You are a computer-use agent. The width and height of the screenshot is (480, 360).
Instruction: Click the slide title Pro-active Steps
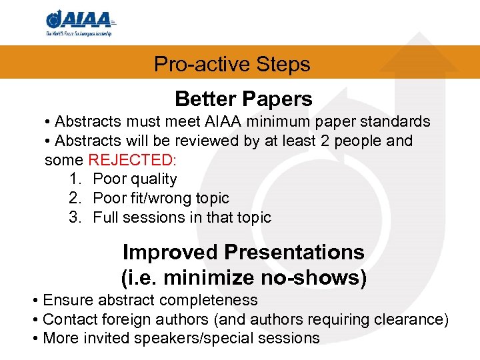pyautogui.click(x=232, y=64)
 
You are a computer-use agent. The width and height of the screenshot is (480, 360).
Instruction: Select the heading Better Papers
pyautogui.click(x=243, y=99)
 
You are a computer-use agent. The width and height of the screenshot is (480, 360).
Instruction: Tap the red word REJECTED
pyautogui.click(x=130, y=160)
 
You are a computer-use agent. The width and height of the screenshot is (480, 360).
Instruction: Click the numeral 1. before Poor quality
pyautogui.click(x=75, y=179)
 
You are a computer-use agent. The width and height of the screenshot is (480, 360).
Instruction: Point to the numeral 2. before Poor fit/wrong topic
pyautogui.click(x=75, y=199)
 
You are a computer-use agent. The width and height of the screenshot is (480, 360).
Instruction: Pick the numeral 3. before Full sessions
pyautogui.click(x=75, y=218)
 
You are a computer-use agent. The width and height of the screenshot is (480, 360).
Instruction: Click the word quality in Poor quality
pyautogui.click(x=154, y=179)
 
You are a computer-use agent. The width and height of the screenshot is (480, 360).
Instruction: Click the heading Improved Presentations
pyautogui.click(x=243, y=253)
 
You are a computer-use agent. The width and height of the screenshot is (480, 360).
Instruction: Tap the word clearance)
pyautogui.click(x=416, y=320)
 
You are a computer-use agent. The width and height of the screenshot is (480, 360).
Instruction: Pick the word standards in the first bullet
pyautogui.click(x=398, y=122)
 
